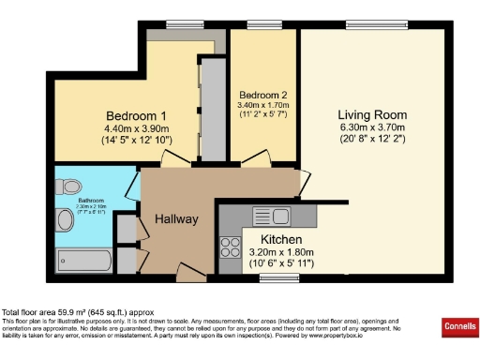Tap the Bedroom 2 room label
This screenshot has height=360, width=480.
262,96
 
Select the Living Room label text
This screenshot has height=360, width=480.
372,114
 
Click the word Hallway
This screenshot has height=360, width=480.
176,219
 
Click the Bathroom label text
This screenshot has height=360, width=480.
91,200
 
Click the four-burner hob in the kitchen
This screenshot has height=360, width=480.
229,247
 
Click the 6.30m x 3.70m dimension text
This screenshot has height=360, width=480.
372,127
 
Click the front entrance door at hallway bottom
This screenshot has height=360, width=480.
190,275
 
